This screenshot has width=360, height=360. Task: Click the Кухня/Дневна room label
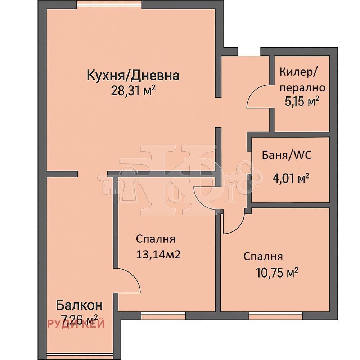point(133,76)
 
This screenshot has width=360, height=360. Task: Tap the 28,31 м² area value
point(134,91)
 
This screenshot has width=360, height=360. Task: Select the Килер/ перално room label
point(302,80)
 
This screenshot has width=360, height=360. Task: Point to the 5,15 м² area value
point(302,101)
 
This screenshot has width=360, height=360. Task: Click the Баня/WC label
point(287,155)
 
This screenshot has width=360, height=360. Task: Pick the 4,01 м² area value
point(291,178)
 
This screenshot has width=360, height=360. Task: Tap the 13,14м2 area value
point(158,255)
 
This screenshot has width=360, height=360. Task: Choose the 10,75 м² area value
point(277,273)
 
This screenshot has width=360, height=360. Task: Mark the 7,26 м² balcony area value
point(79,320)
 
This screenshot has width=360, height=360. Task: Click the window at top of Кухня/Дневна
point(109,4)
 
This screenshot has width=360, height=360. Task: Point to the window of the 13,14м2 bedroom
point(163,316)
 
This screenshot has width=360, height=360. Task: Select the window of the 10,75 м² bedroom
point(275,316)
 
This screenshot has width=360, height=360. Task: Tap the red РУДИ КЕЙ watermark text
point(76,324)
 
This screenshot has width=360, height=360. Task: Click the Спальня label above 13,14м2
point(156,239)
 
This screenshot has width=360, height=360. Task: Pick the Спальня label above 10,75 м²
point(263,256)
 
